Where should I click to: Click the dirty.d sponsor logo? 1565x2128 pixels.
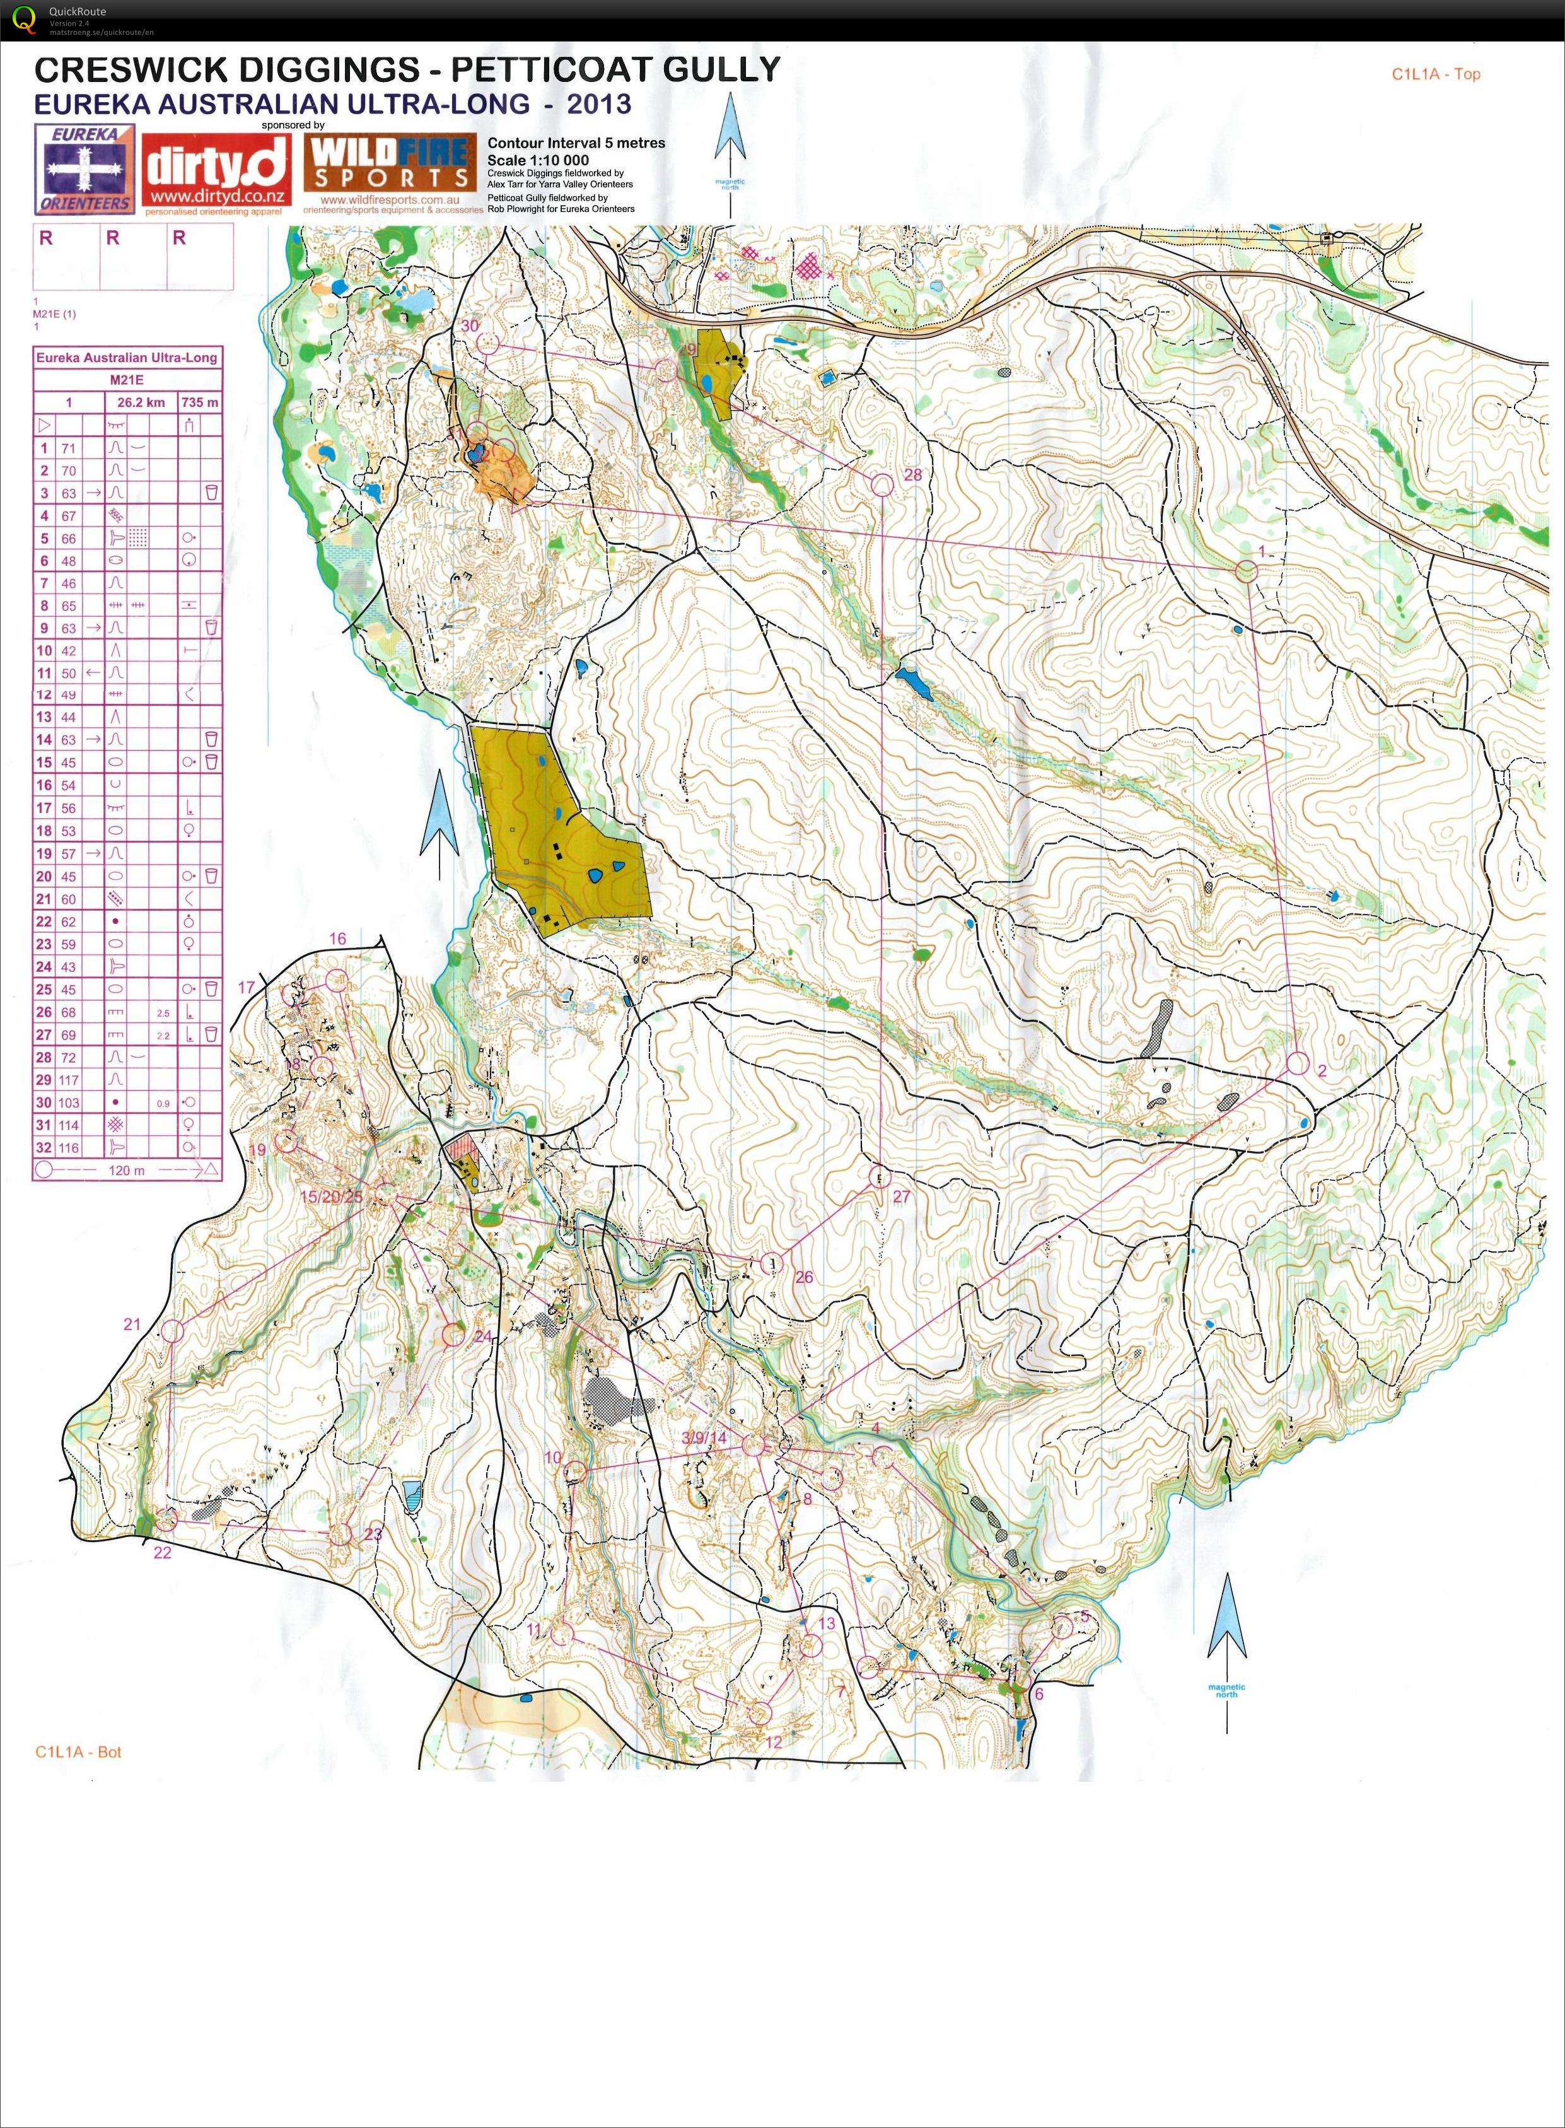pyautogui.click(x=216, y=172)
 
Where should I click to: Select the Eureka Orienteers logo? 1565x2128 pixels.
pyautogui.click(x=84, y=168)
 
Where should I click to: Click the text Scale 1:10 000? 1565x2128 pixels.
pyautogui.click(x=537, y=160)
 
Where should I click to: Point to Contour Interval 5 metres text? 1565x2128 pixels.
pyautogui.click(x=576, y=143)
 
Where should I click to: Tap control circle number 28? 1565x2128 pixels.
pyautogui.click(x=882, y=484)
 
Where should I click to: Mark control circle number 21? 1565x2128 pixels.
pyautogui.click(x=172, y=1330)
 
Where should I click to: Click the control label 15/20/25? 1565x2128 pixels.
pyautogui.click(x=330, y=1196)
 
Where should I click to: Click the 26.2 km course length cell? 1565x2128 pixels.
pyautogui.click(x=142, y=402)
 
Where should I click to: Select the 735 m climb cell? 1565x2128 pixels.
pyautogui.click(x=200, y=402)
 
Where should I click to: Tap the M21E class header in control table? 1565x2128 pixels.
pyautogui.click(x=127, y=380)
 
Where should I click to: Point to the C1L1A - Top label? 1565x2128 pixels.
pyautogui.click(x=1435, y=74)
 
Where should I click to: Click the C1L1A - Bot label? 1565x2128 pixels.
pyautogui.click(x=79, y=1752)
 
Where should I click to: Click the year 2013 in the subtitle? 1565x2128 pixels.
pyautogui.click(x=599, y=103)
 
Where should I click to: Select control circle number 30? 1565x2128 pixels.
pyautogui.click(x=487, y=343)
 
